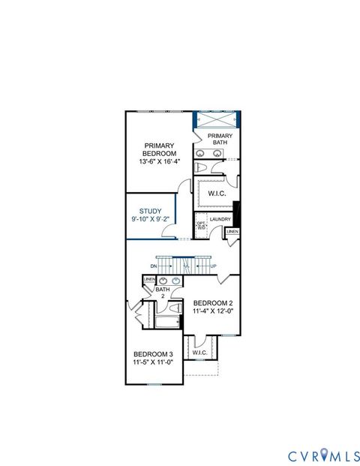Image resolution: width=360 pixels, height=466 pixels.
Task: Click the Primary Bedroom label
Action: [159, 149]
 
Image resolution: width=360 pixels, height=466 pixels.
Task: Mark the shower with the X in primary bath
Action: [218, 120]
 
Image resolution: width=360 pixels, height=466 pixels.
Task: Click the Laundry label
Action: [220, 219]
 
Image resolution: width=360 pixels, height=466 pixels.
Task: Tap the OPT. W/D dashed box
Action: [201, 225]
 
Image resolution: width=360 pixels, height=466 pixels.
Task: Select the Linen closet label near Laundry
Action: [232, 232]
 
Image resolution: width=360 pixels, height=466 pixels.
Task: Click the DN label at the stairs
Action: [153, 266]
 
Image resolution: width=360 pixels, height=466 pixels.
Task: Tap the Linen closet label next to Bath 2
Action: [149, 280]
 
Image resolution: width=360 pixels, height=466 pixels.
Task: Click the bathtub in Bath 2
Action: [167, 323]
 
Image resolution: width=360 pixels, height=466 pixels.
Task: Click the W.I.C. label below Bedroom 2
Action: [199, 353]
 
